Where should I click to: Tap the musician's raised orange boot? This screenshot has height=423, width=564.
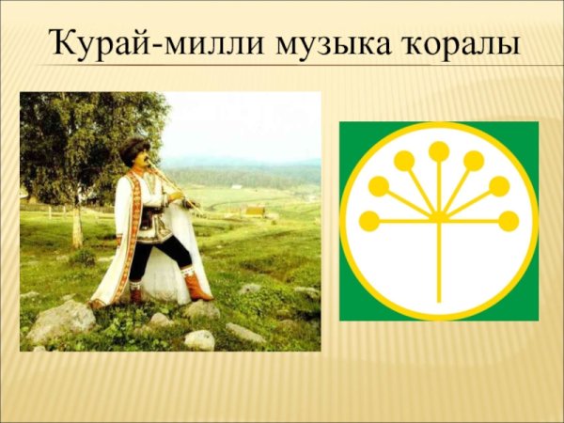pyautogui.click(x=196, y=286)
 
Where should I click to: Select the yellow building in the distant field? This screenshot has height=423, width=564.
pyautogui.click(x=253, y=211)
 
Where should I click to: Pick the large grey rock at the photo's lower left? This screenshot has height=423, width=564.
pyautogui.click(x=61, y=320)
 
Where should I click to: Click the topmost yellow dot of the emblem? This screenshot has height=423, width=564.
pyautogui.click(x=439, y=150)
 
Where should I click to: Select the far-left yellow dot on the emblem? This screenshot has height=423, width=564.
pyautogui.click(x=369, y=221)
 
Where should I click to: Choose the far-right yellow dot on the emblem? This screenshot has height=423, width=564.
pyautogui.click(x=509, y=221)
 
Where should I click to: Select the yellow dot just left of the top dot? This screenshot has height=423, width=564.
pyautogui.click(x=404, y=161)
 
